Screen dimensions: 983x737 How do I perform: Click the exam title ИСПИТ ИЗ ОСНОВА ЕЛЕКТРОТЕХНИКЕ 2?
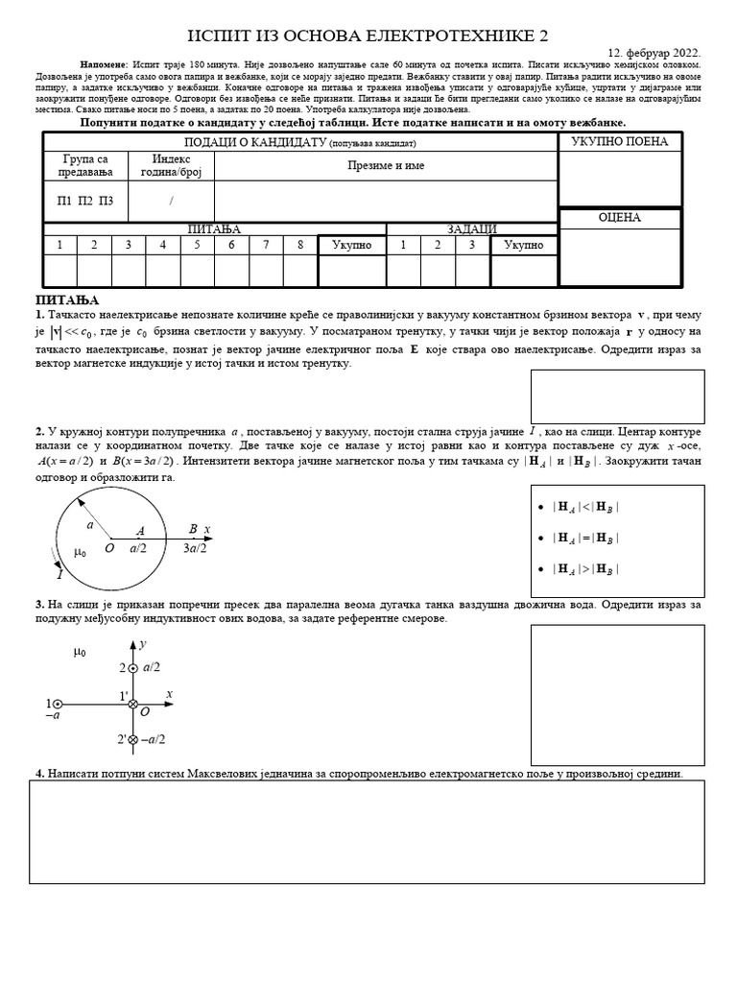point(368,36)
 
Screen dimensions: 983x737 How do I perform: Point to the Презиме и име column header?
point(386,165)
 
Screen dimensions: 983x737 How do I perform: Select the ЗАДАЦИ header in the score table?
point(471,229)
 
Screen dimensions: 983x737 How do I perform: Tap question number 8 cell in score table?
point(300,245)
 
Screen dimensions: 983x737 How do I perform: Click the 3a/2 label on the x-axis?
point(197,548)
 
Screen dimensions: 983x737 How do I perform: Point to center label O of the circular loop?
point(109,548)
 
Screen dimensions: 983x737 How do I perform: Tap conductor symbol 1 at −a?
point(58,705)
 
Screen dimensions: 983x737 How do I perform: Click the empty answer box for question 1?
point(617,396)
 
